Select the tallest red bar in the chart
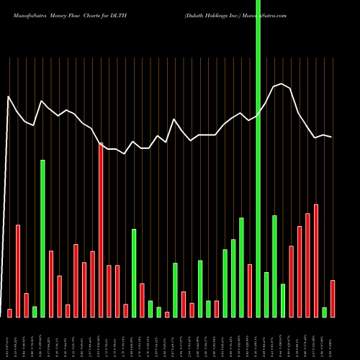(x=101, y=230)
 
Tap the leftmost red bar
(x=9, y=312)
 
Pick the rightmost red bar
(x=333, y=298)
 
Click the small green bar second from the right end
(x=324, y=312)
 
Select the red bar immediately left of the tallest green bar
(x=250, y=290)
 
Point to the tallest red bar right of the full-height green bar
(x=316, y=261)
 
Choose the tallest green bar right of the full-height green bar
(x=274, y=266)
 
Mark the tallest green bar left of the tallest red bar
(x=42, y=238)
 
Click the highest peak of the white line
(x=282, y=84)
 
